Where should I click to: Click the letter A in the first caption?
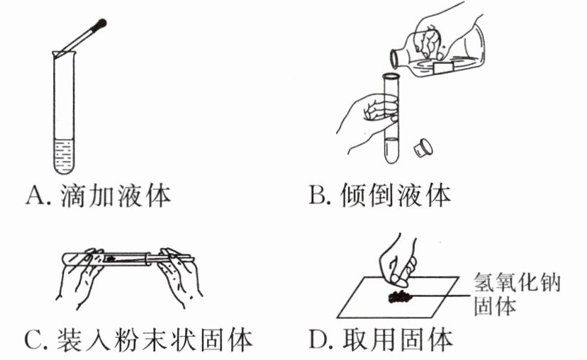tap(35, 196)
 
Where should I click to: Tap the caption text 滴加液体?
tap(117, 195)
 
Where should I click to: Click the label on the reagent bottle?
tap(444, 67)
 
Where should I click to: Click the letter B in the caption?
tap(317, 196)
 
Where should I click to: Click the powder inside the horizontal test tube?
tap(113, 259)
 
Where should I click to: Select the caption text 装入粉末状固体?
tap(153, 340)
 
